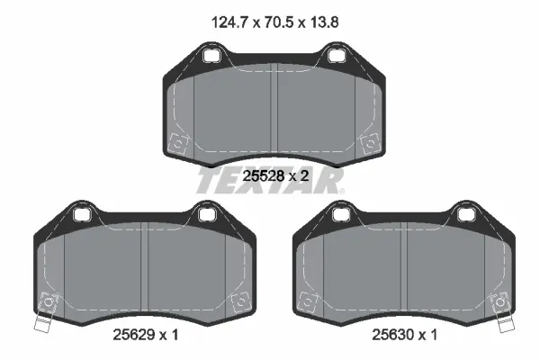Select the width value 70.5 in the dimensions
[x=273, y=18]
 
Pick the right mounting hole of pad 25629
[x=205, y=213]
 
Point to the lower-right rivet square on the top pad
[x=367, y=142]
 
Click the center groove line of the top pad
[x=274, y=112]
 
